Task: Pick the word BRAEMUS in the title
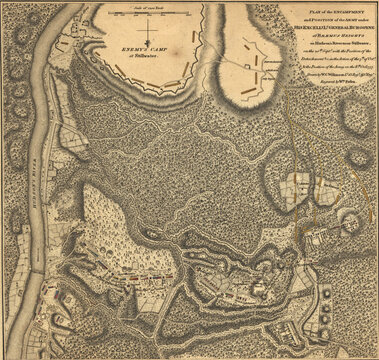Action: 317,36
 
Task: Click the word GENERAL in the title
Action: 318,26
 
